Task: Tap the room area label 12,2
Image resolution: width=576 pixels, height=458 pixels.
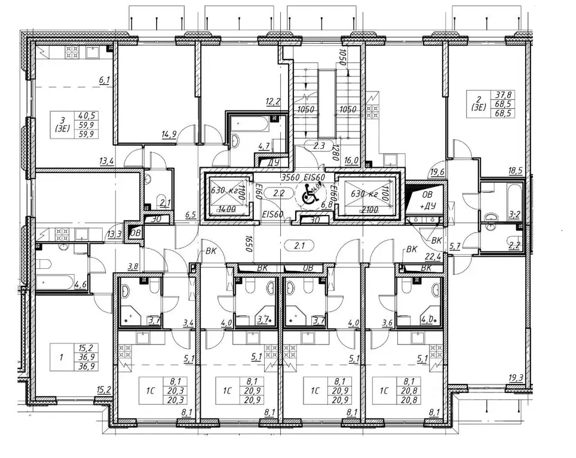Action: pyautogui.click(x=273, y=102)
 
